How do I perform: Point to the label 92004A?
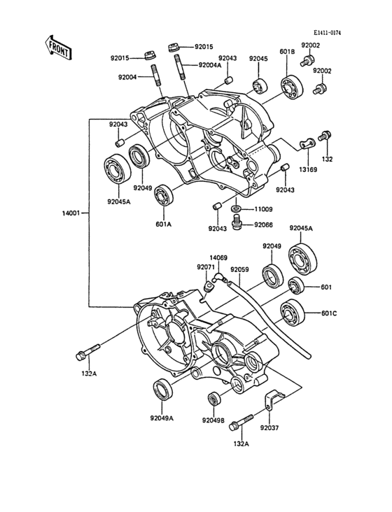point(209,65)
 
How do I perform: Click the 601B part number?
point(287,50)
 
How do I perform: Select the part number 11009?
point(263,209)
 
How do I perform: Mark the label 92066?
point(263,225)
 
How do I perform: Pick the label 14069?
point(220,258)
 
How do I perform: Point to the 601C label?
point(331,313)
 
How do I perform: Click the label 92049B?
point(213,420)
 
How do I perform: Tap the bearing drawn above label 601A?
point(166,193)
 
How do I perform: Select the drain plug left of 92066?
point(237,223)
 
